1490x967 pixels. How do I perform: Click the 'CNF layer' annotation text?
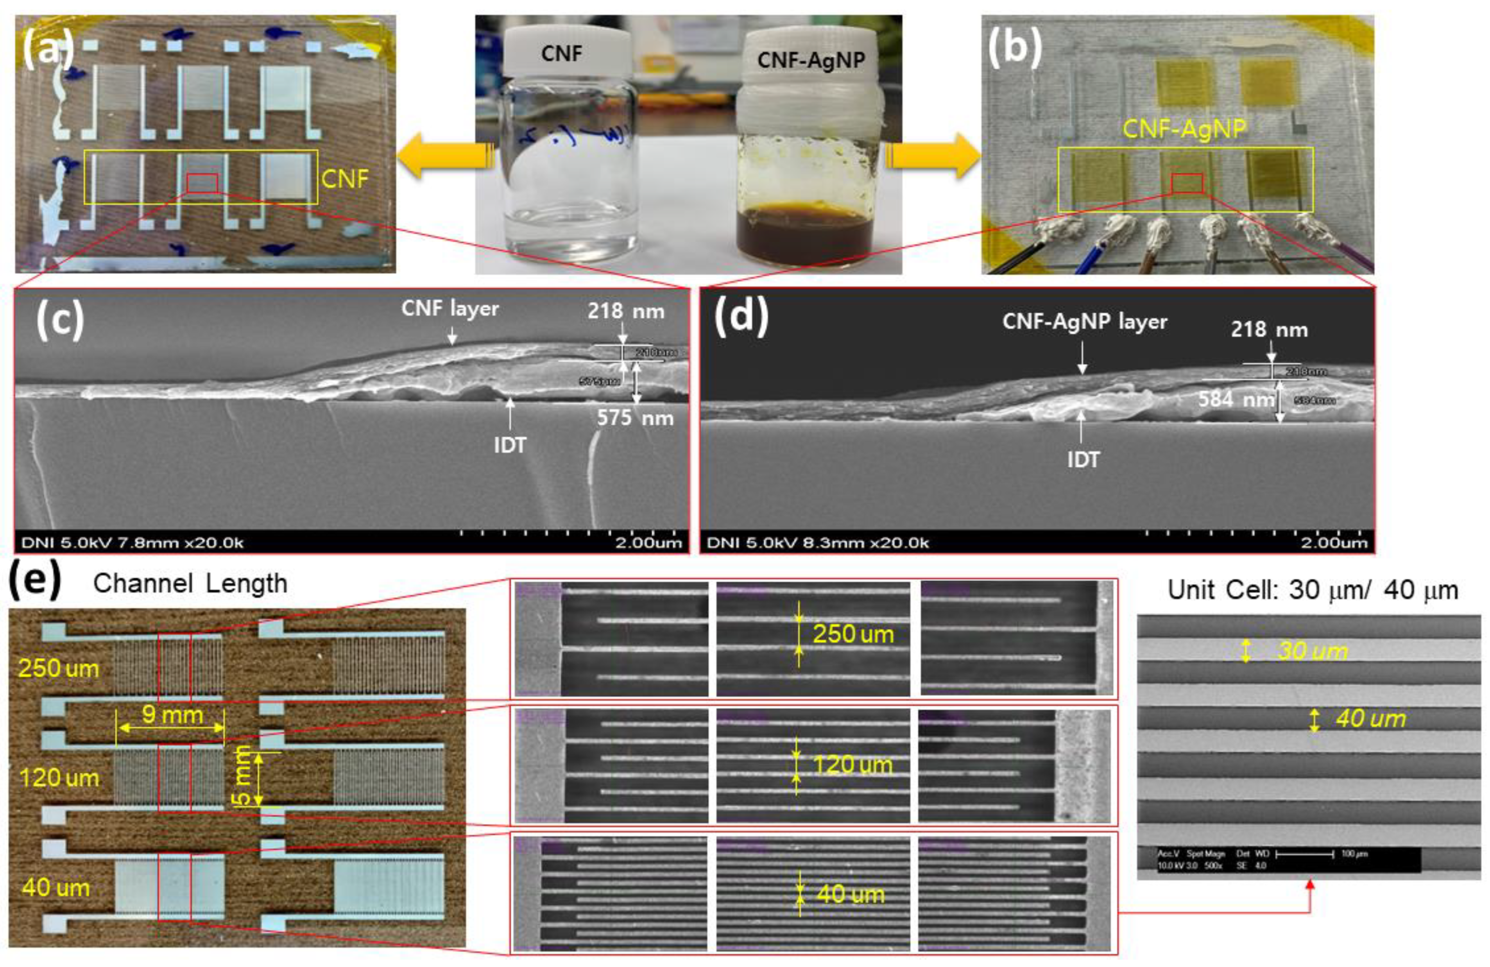(450, 308)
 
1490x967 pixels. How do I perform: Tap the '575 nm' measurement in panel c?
(635, 418)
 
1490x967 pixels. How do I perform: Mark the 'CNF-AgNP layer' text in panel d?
(1084, 322)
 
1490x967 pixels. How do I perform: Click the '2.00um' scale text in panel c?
(648, 543)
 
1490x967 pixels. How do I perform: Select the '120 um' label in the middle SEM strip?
(852, 765)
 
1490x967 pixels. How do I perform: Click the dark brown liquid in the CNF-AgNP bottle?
(804, 235)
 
